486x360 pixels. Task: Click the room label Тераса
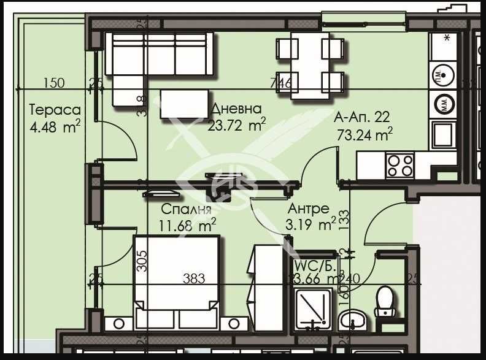pyautogui.click(x=55, y=110)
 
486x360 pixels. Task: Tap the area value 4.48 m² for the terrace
pyautogui.click(x=55, y=128)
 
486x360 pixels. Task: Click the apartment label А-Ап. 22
pyautogui.click(x=362, y=117)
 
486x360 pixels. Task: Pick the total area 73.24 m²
pyautogui.click(x=364, y=134)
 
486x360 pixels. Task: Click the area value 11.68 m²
pyautogui.click(x=187, y=225)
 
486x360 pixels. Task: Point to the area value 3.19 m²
pyautogui.click(x=310, y=225)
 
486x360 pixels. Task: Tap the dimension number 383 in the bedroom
pyautogui.click(x=194, y=279)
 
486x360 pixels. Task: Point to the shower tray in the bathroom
pyautogui.click(x=314, y=310)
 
